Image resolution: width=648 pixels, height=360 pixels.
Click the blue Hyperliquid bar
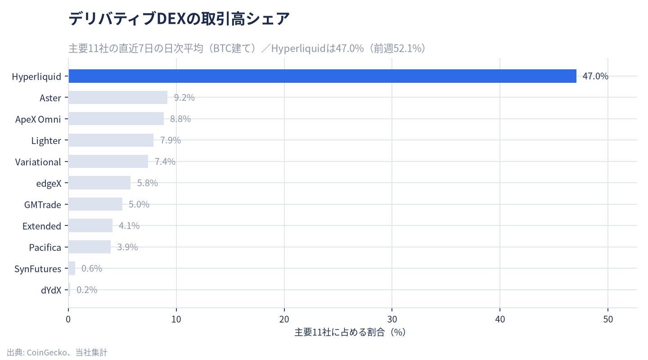[322, 76]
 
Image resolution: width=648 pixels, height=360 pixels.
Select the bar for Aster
[118, 98]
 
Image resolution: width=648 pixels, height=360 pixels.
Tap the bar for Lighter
[111, 140]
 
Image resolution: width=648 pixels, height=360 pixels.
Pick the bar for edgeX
[99, 183]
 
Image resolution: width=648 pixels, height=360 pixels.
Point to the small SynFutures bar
[72, 268]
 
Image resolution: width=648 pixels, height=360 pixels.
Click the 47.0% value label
[595, 76]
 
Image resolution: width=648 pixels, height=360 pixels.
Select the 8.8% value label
[180, 119]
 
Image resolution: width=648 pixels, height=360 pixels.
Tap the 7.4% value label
[165, 162]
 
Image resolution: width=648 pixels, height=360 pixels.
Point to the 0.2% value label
[87, 290]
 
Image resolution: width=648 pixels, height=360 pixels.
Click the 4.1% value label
[129, 225]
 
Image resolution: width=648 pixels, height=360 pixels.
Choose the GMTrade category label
[42, 205]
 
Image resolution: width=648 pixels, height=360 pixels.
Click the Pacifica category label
[45, 247]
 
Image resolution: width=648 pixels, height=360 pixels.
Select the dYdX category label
[51, 290]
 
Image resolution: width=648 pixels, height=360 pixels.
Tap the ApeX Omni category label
[38, 119]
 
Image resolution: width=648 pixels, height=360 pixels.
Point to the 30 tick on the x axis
[392, 319]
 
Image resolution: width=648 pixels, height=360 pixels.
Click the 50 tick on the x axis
[608, 319]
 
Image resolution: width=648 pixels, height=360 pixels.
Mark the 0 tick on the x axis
[68, 319]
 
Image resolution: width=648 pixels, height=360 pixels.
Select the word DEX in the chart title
[171, 19]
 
